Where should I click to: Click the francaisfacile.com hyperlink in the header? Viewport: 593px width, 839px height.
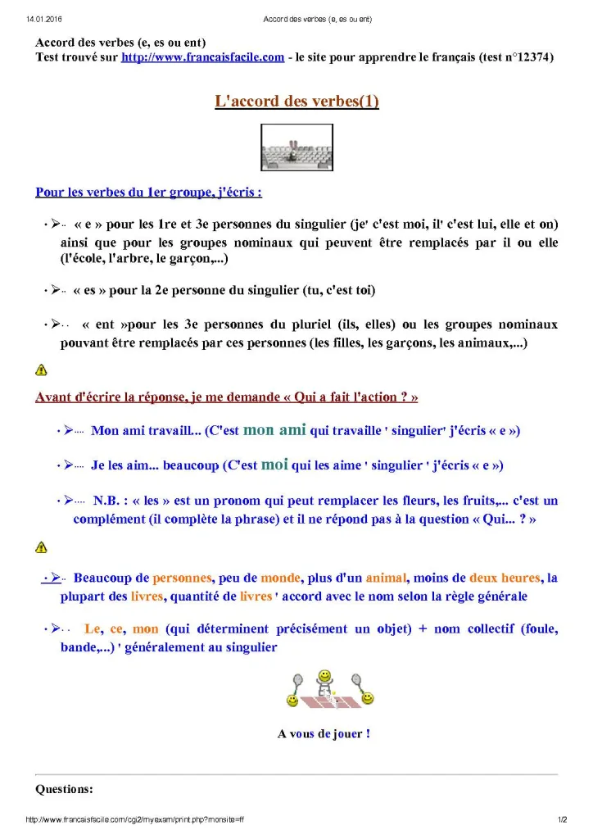point(202,57)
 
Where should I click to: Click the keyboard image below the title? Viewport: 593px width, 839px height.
point(296,147)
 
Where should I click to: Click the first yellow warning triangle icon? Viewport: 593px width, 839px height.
point(41,370)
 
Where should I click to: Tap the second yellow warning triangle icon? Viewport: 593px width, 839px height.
point(41,547)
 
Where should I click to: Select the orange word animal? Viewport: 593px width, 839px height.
point(386,578)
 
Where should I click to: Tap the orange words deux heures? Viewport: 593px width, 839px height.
point(503,578)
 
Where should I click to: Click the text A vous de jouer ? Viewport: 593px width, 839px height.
point(324,734)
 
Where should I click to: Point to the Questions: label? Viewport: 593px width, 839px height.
point(64,790)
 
